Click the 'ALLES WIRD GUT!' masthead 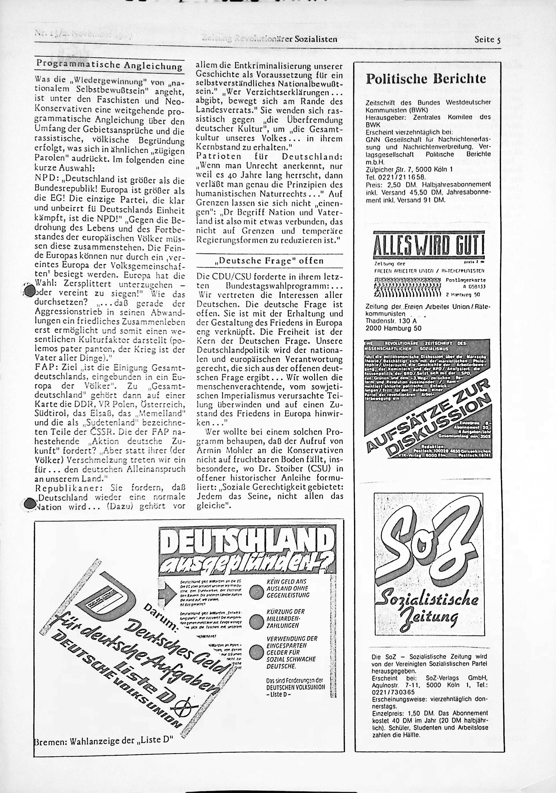click(429, 245)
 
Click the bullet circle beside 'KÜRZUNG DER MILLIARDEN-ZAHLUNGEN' click(257, 621)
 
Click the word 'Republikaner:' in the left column click(61, 488)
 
